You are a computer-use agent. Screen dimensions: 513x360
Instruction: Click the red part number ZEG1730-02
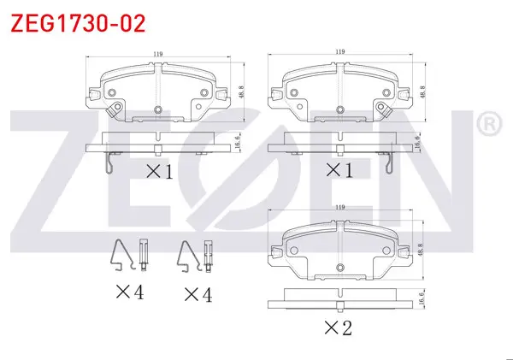[x=78, y=24]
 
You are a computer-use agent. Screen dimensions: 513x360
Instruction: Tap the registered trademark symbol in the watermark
[x=489, y=124]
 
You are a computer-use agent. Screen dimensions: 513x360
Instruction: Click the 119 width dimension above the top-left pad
[x=158, y=54]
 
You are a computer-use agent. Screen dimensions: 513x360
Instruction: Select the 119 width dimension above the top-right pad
[x=340, y=51]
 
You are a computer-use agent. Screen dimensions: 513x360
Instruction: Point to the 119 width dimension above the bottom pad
[x=340, y=207]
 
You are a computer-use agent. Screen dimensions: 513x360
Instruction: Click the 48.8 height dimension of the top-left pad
[x=241, y=92]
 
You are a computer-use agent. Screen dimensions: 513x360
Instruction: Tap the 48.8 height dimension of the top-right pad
[x=422, y=92]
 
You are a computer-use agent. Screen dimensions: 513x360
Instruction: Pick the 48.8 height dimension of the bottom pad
[x=421, y=250]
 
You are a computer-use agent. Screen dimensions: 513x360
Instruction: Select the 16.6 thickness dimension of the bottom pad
[x=421, y=298]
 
